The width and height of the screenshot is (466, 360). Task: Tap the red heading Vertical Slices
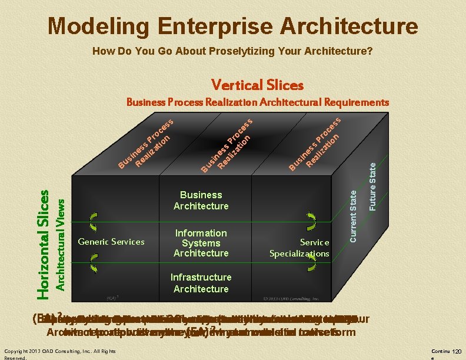258,85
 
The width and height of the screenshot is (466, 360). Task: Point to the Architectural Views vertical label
60,243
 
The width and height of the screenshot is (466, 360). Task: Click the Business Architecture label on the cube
201,200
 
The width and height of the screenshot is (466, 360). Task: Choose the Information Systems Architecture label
201,243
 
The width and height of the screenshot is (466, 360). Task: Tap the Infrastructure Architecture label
201,283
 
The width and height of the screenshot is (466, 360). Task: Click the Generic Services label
111,242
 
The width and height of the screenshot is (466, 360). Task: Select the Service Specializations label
299,248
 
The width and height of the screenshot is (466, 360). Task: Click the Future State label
372,187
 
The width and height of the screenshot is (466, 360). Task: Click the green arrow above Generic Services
93,222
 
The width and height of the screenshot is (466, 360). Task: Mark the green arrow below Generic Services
93,262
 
